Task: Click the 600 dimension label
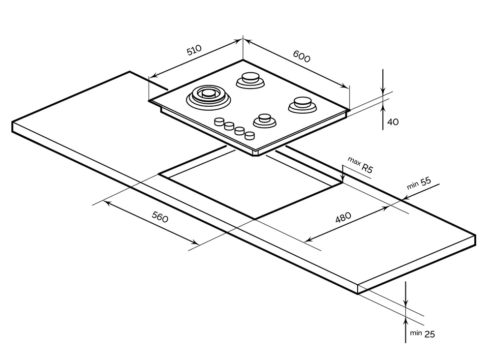tap(302, 57)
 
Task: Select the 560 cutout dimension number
tap(160, 216)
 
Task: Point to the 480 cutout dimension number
tap(343, 217)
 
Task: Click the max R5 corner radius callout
tap(361, 165)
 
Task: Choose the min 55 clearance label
tap(419, 182)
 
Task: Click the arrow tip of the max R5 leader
tap(342, 180)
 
